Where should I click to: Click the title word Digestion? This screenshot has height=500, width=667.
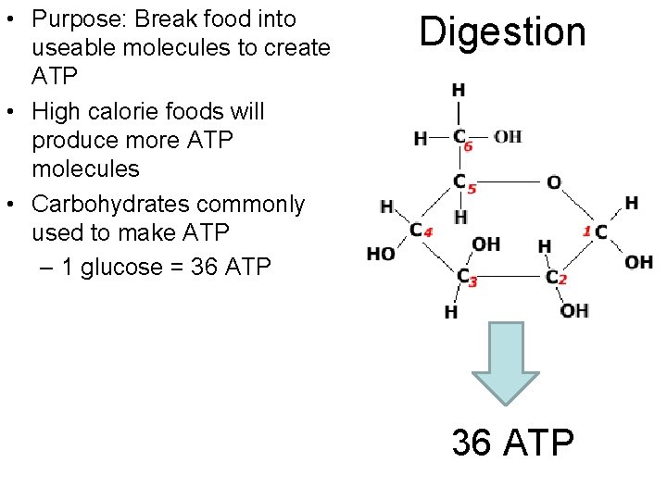click(503, 31)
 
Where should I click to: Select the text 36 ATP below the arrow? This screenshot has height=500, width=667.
click(512, 443)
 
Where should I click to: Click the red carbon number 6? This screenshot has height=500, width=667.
click(469, 146)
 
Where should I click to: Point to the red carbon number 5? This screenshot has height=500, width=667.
click(472, 190)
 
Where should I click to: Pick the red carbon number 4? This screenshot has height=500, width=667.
click(428, 232)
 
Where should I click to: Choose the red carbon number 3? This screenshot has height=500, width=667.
click(472, 282)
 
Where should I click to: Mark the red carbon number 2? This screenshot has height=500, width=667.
click(562, 280)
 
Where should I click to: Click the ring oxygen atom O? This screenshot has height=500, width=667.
click(553, 182)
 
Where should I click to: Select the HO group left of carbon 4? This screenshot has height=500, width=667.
click(381, 254)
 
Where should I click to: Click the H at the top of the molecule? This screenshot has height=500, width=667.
click(458, 90)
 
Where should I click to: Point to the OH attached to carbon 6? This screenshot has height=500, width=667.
click(507, 137)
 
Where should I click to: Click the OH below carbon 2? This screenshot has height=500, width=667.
click(574, 310)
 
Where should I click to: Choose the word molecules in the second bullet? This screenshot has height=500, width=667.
click(85, 169)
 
